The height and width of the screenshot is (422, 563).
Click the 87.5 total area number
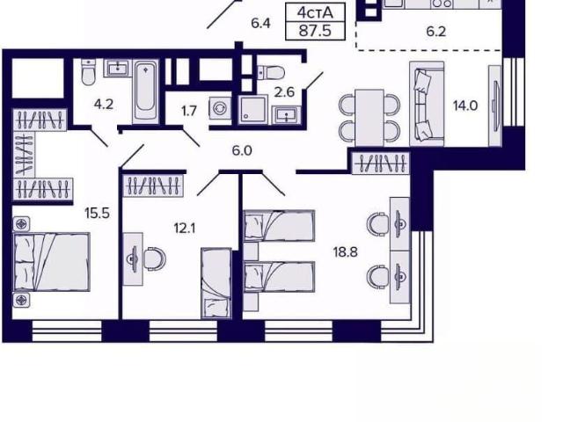point(315,31)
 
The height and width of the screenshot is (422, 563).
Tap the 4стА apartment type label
point(315,13)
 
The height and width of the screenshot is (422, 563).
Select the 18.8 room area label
point(345,252)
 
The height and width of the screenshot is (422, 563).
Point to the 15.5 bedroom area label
point(97,214)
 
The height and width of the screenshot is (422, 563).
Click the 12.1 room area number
point(185,229)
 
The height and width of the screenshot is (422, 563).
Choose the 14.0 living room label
point(465,105)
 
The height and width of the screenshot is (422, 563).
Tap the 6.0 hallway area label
point(242,150)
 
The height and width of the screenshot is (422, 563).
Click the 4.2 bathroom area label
point(104,105)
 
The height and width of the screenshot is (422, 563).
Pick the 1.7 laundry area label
point(189,112)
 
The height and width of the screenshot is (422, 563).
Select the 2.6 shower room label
point(284,92)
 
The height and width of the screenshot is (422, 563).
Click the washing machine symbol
point(219,107)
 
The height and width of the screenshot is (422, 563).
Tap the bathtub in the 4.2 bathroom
point(146,91)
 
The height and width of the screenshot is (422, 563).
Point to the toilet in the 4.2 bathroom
point(88,72)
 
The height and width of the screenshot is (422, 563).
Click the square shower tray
point(252,109)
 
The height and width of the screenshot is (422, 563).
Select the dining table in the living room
point(369,117)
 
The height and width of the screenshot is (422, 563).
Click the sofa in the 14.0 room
point(427,104)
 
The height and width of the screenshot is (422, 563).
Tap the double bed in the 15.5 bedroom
point(51,262)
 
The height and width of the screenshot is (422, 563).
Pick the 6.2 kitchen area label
point(436,32)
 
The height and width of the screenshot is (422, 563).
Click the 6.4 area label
point(260,24)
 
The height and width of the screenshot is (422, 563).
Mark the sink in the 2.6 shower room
point(286,115)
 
